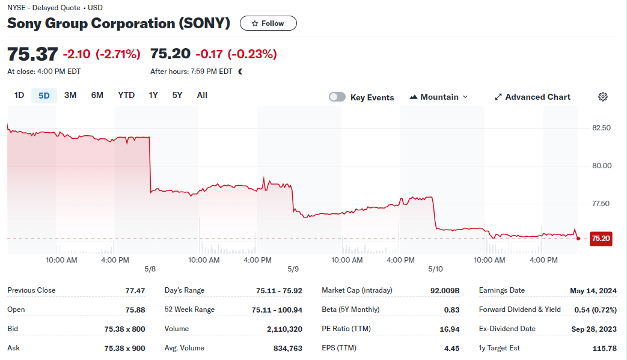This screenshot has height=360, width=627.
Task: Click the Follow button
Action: point(268,23)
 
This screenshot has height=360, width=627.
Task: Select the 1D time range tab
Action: point(19,96)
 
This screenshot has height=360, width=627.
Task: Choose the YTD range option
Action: point(126,96)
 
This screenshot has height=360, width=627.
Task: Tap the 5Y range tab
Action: point(177,96)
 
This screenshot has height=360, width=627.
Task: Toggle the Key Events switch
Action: point(337,97)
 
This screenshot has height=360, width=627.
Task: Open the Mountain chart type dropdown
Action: point(439,97)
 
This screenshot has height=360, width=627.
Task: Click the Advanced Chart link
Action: point(533,97)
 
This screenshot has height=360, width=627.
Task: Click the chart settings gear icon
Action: point(603,97)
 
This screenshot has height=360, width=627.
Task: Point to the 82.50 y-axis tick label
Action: point(601,128)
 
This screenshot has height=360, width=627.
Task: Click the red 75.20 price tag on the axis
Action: point(601,239)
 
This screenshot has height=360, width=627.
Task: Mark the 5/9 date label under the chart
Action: point(293,269)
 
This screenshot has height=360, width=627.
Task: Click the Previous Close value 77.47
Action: point(135,291)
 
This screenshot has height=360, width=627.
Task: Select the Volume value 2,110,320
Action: point(285,329)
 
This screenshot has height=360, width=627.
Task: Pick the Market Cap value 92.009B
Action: point(445,291)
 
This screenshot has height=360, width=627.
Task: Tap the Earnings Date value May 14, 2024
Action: point(593,291)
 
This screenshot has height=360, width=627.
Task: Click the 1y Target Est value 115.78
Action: point(605,349)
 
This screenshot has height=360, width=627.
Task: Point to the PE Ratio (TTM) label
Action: point(346,329)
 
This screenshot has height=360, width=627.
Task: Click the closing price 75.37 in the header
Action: point(33,54)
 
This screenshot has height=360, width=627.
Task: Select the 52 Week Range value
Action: point(277,310)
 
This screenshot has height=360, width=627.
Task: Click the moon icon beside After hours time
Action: point(240,72)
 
